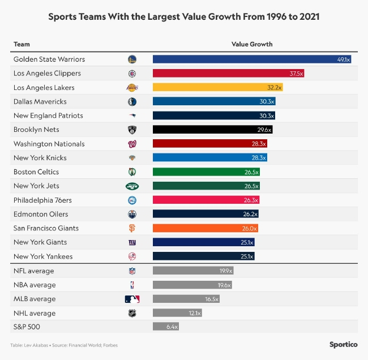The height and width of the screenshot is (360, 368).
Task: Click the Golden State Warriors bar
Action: (x=252, y=59)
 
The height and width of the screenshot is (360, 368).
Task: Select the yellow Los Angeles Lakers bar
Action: (x=217, y=87)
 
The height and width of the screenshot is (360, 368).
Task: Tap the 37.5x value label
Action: (x=296, y=73)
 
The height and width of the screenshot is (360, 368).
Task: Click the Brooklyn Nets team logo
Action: (x=132, y=130)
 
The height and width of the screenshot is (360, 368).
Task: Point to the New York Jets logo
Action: (x=132, y=186)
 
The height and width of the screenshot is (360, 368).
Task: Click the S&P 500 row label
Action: (x=27, y=327)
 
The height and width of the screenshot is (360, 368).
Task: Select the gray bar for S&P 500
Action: (x=166, y=327)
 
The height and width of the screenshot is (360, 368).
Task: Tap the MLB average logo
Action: (x=132, y=299)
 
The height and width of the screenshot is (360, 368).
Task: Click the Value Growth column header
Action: (x=252, y=44)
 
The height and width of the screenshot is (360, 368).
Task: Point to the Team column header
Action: (x=22, y=44)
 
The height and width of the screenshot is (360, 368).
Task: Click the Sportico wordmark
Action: (x=343, y=344)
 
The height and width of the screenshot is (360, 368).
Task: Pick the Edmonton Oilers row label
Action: (x=41, y=214)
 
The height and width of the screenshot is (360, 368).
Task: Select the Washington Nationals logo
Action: (x=132, y=144)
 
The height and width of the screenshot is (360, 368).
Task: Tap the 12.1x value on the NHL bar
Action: (x=194, y=313)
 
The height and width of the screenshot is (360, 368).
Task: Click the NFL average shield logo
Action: (x=132, y=271)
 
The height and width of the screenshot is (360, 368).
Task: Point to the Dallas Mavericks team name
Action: (x=40, y=101)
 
